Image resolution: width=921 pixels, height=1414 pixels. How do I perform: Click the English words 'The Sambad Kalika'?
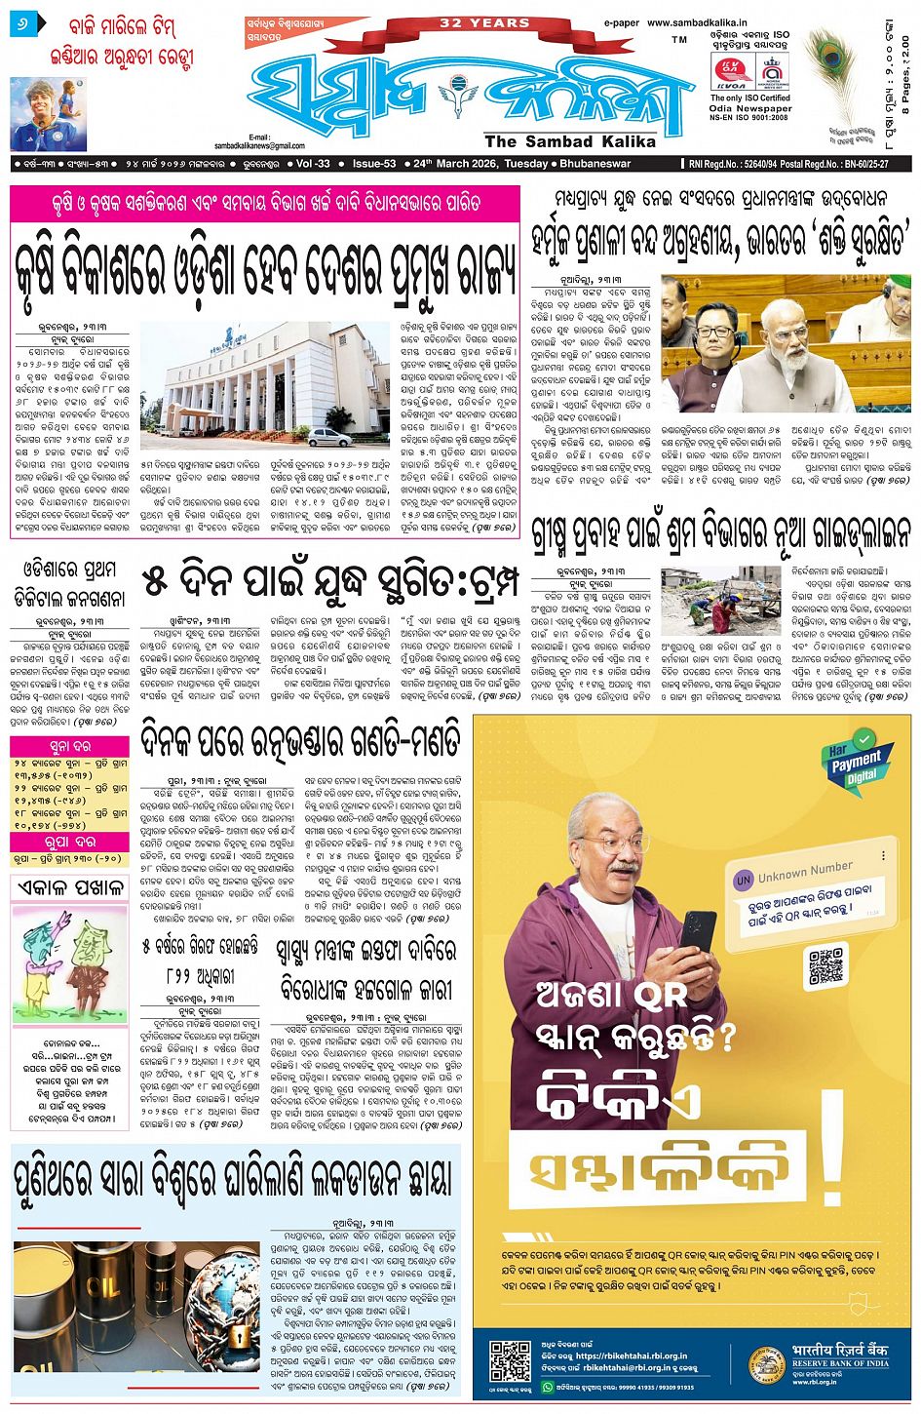570,141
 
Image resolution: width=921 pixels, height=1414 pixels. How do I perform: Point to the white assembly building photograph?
250,384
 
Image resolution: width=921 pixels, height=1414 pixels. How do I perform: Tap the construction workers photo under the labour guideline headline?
719,602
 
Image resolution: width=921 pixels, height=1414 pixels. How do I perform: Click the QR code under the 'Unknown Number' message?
826,965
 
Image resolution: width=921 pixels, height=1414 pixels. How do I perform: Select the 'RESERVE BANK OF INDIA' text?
840,1362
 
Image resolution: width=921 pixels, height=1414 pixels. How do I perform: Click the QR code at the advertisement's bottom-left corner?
510,1361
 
